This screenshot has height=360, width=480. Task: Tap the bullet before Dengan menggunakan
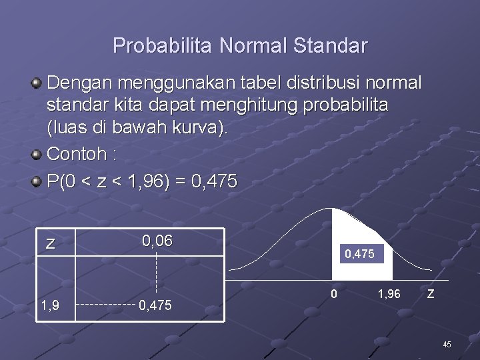[37, 83]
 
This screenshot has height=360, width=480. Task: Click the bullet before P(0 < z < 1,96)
[37, 182]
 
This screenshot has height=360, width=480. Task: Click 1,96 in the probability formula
[145, 182]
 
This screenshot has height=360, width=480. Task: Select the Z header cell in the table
[50, 243]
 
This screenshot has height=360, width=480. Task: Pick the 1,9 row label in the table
[49, 305]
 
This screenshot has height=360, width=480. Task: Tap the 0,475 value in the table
[156, 305]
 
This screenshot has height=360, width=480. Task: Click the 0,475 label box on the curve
[363, 254]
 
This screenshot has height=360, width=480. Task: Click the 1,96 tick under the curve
[389, 293]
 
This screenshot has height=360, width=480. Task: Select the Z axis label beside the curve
[431, 293]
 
